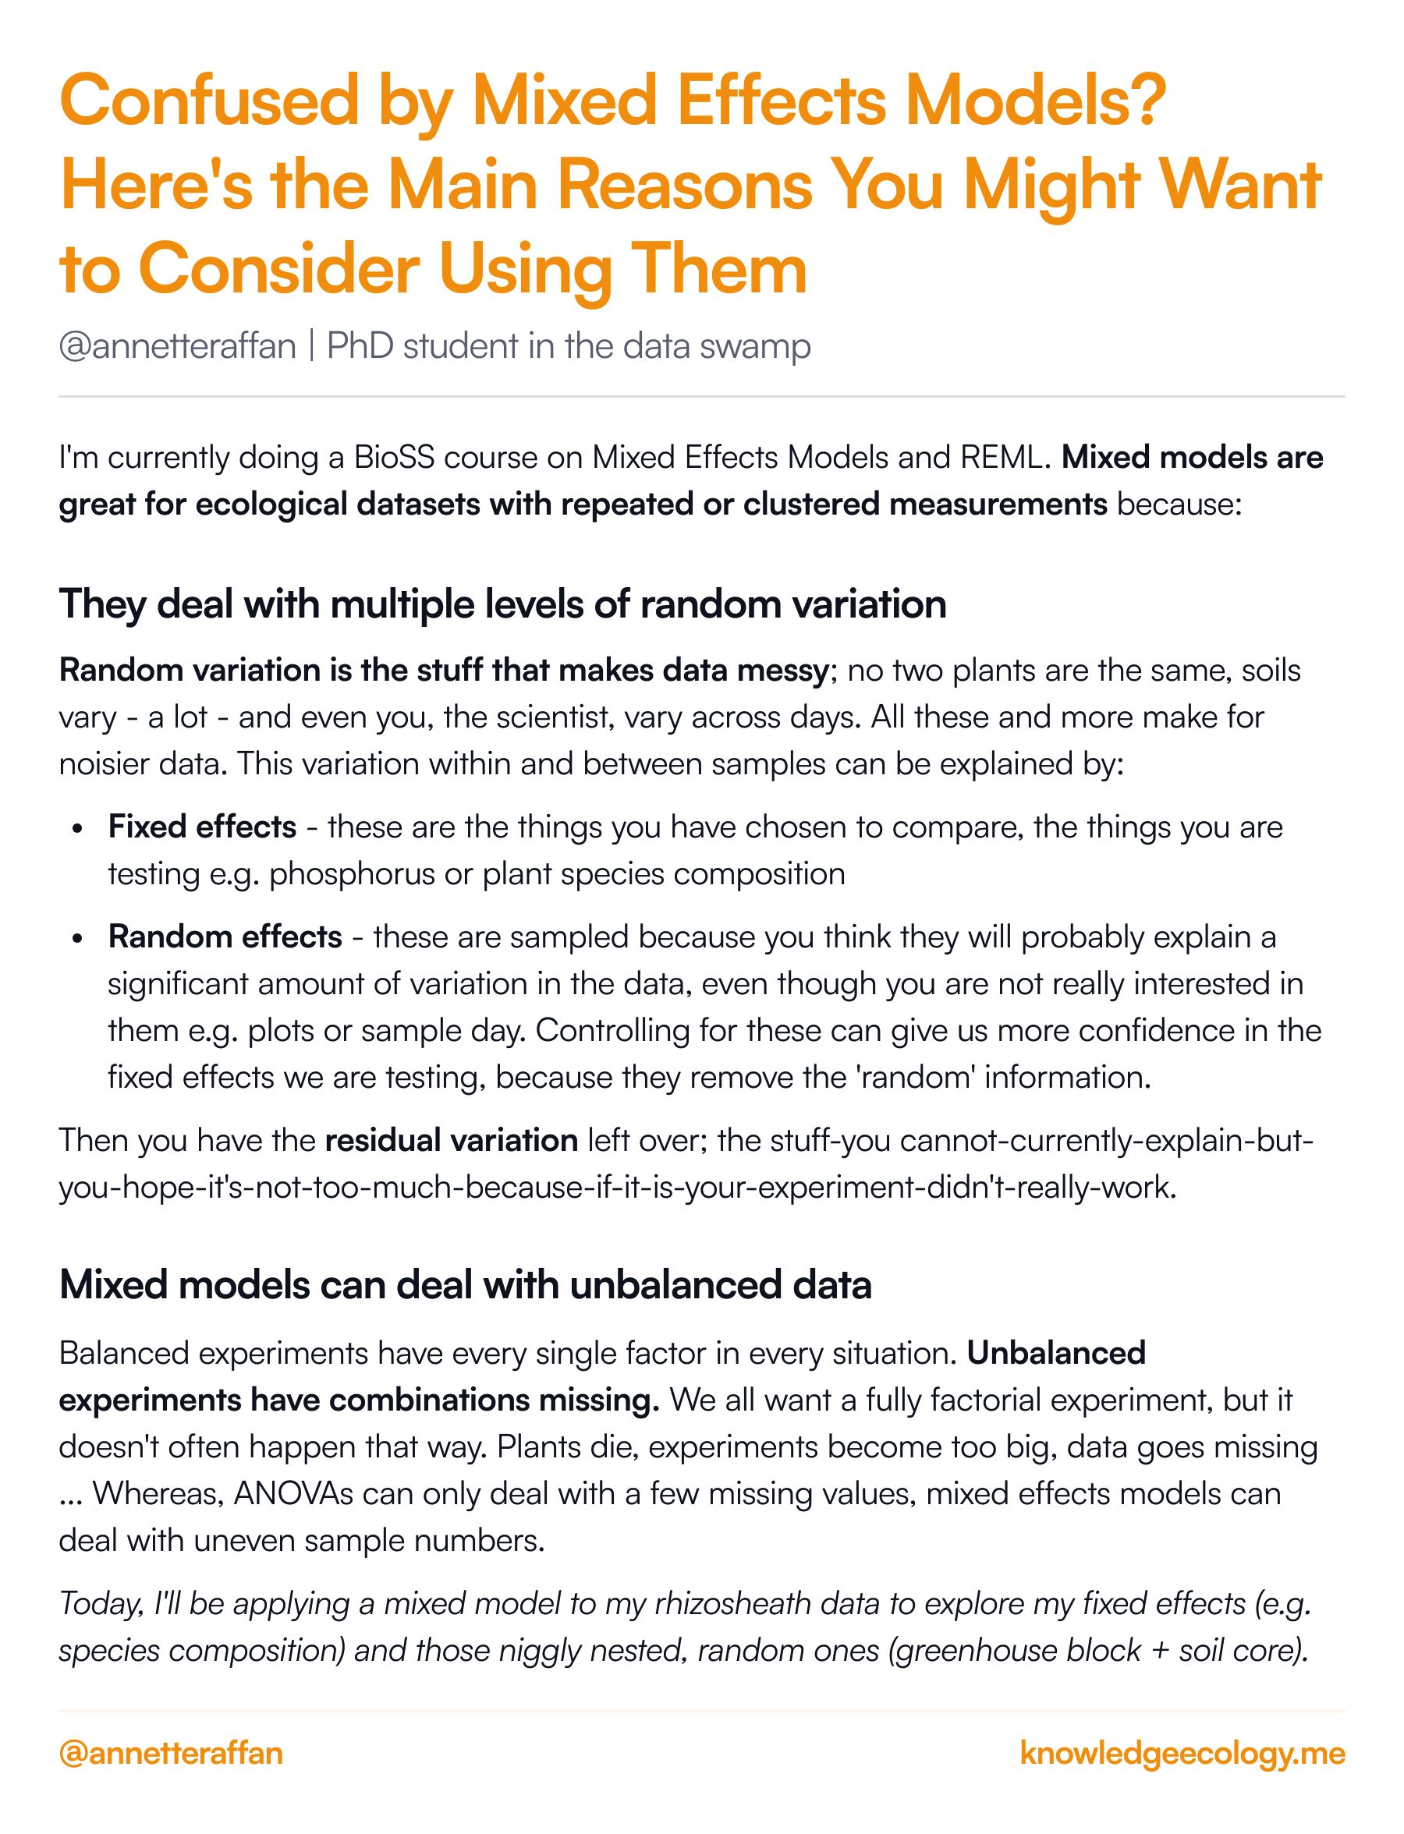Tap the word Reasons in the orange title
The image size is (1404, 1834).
click(x=685, y=186)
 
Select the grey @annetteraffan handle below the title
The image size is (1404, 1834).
click(x=177, y=346)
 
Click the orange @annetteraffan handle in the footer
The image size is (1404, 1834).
click(x=172, y=1752)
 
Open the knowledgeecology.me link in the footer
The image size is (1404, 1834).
click(x=1182, y=1752)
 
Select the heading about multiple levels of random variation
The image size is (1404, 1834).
click(x=502, y=604)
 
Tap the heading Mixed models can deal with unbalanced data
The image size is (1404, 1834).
click(x=466, y=1285)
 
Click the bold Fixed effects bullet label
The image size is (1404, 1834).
click(x=202, y=827)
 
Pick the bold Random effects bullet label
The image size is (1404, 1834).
click(x=225, y=937)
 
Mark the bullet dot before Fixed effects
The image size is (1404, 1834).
click(x=78, y=830)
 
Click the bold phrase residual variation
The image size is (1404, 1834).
click(x=452, y=1141)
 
